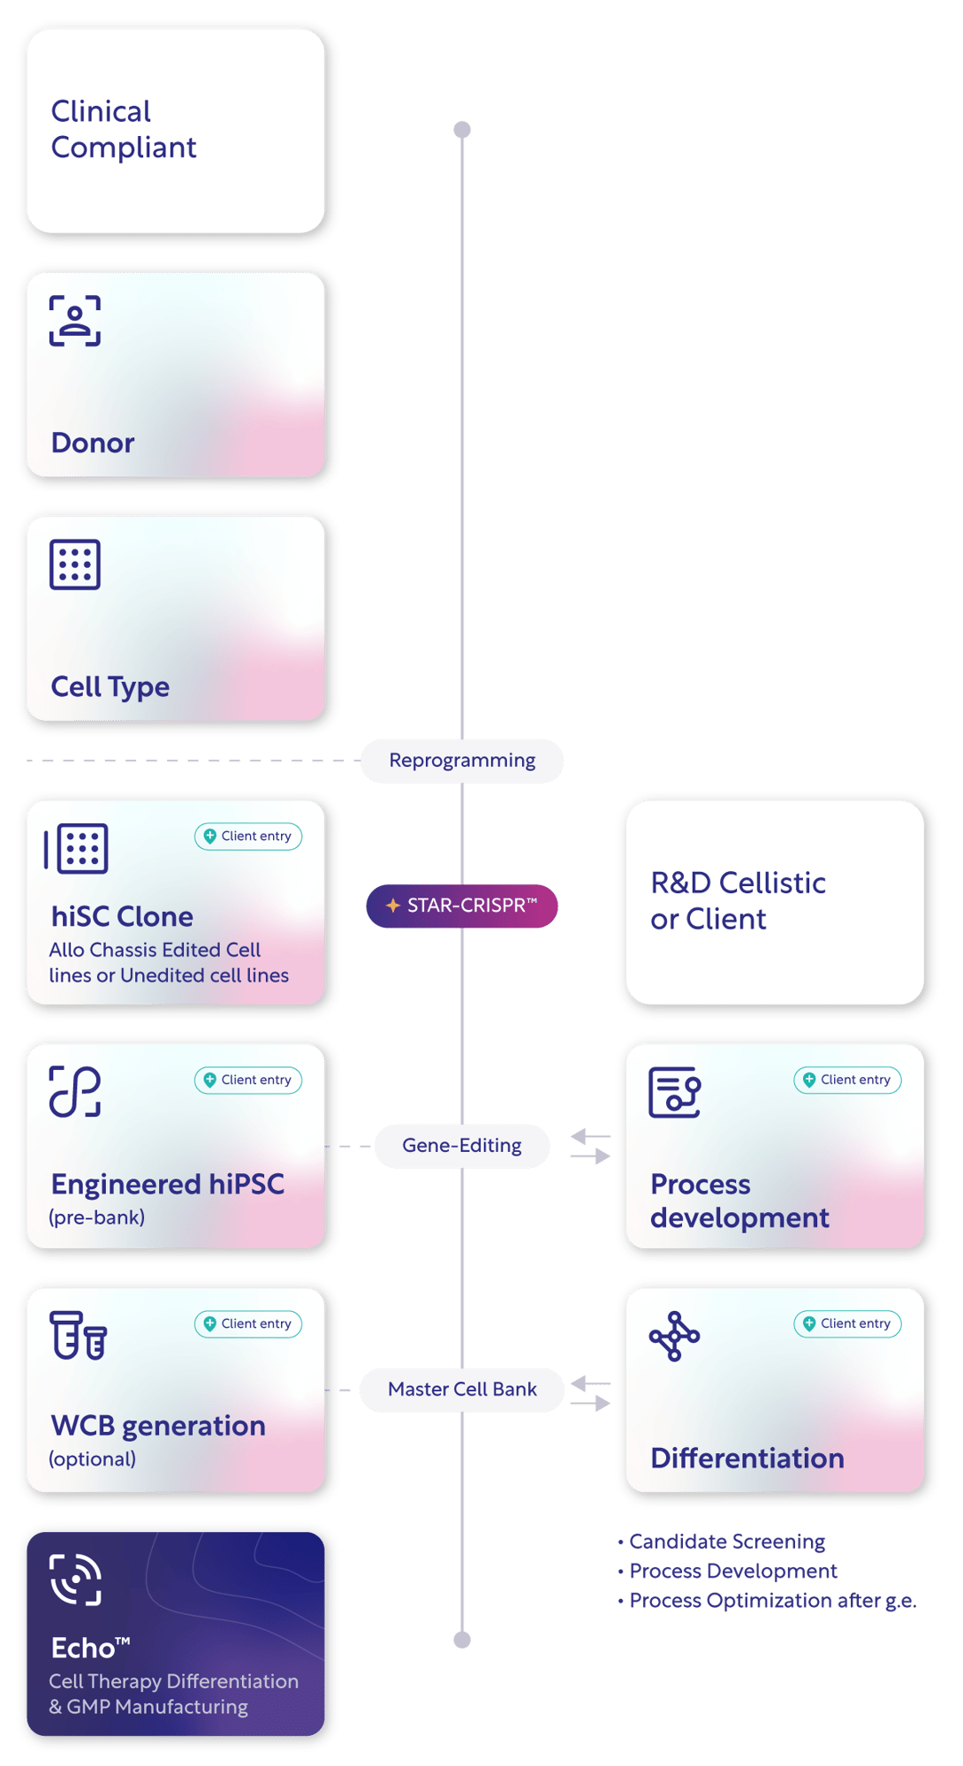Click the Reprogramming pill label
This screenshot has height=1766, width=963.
click(x=462, y=761)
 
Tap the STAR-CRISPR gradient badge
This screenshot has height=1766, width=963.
click(x=462, y=906)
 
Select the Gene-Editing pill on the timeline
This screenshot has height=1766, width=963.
click(x=462, y=1146)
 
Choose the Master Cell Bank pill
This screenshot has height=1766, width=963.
click(x=462, y=1390)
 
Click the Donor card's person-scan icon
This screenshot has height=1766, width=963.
click(x=75, y=321)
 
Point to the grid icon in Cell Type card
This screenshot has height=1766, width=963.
click(x=75, y=564)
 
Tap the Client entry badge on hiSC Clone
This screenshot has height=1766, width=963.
click(x=248, y=837)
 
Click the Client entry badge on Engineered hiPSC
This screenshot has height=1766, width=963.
click(x=248, y=1080)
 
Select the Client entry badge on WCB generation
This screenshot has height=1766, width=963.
click(x=248, y=1323)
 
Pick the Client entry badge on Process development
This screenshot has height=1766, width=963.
click(x=847, y=1080)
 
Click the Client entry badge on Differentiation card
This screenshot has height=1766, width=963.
click(x=847, y=1323)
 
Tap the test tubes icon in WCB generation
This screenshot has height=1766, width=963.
click(x=78, y=1335)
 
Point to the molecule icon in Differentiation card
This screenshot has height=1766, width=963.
click(x=674, y=1336)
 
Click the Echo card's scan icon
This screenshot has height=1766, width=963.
click(x=76, y=1579)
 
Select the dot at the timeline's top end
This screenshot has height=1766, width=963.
click(x=462, y=130)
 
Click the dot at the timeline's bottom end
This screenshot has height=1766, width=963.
click(x=462, y=1640)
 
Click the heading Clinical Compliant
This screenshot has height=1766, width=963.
click(x=124, y=129)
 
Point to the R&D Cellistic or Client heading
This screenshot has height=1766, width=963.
click(x=738, y=900)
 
